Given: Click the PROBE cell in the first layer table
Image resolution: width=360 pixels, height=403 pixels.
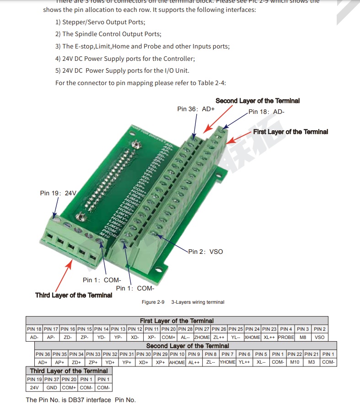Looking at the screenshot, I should [x=286, y=337].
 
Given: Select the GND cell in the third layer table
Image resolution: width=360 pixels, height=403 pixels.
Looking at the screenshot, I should [x=52, y=387].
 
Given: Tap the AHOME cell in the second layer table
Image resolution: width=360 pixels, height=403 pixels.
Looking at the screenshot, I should [x=177, y=362].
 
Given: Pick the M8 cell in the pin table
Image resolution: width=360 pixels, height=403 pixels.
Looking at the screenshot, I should [x=303, y=337].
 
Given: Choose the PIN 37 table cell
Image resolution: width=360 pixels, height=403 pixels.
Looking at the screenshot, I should [x=52, y=379].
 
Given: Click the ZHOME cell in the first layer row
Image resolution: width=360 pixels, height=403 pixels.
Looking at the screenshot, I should [x=202, y=337].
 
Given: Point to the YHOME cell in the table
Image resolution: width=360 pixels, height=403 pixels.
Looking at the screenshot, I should [x=227, y=362].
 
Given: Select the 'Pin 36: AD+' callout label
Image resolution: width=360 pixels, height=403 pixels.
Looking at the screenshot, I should [x=196, y=109].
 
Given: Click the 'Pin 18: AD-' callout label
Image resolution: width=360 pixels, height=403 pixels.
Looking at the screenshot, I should [x=267, y=112].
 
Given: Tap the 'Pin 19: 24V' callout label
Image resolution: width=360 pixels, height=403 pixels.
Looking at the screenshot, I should [x=58, y=193].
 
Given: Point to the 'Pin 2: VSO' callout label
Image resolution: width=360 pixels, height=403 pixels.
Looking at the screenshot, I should [x=206, y=252].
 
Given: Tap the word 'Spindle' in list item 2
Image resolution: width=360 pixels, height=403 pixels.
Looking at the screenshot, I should [x=87, y=34].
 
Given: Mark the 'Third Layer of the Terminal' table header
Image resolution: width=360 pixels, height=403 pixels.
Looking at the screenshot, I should [x=69, y=371].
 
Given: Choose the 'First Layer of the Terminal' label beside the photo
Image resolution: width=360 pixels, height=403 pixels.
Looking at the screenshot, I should [x=290, y=132].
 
